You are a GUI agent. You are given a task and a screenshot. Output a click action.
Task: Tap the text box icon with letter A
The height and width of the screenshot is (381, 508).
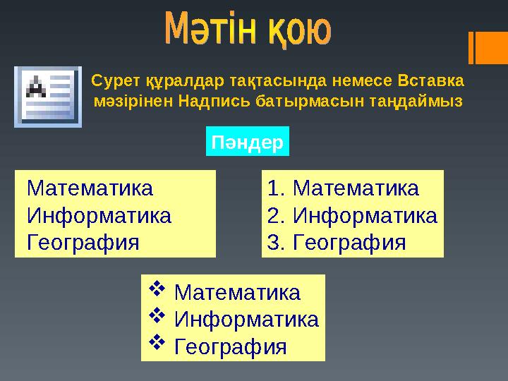tap(48, 97)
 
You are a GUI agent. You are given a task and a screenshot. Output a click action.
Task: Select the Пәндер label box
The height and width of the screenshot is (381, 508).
tap(248, 143)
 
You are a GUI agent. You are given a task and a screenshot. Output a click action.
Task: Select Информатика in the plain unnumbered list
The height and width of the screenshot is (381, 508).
tap(98, 215)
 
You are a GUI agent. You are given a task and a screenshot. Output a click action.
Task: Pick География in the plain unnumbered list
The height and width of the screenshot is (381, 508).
tap(83, 242)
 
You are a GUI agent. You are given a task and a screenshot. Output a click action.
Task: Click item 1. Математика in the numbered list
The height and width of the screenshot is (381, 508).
tap(344, 189)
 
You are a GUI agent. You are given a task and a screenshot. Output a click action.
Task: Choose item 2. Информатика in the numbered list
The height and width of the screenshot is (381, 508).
tap(352, 215)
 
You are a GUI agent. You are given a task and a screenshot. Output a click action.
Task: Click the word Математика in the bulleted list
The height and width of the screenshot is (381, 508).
tap(237, 292)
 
